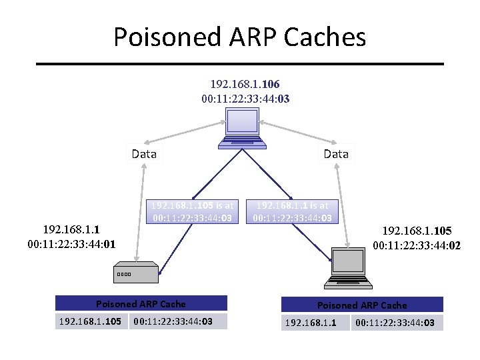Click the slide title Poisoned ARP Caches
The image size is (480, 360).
[x=239, y=37]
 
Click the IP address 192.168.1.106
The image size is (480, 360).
[x=245, y=85]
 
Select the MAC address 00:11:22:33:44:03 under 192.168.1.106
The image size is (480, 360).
[x=245, y=99]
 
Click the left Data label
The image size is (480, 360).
[x=144, y=154]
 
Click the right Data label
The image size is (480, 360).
[x=336, y=154]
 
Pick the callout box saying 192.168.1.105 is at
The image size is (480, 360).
[x=192, y=211]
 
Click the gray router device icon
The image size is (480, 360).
[x=136, y=273]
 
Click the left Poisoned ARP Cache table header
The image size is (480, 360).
[x=141, y=304]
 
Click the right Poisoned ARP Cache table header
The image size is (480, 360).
[x=362, y=305]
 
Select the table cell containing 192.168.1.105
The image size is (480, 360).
[x=91, y=322]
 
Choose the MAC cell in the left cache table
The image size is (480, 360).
[x=177, y=322]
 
